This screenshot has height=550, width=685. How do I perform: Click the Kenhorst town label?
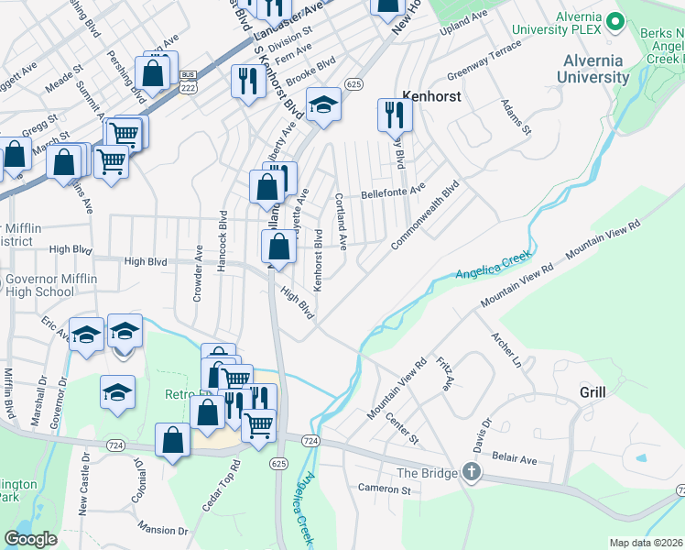coord(430,94)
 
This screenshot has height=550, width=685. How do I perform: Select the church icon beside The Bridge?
coord(471,473)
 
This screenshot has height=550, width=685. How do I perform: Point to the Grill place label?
coord(593,392)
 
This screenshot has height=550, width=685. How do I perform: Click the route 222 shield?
coord(189,88)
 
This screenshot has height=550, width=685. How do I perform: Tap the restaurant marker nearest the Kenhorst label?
coord(395,115)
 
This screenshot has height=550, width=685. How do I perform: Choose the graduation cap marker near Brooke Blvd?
coord(323,106)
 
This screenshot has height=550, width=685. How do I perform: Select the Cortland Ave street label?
coord(341,221)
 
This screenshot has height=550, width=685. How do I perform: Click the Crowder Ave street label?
coord(198,273)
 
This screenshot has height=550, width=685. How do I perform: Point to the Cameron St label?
coord(384,489)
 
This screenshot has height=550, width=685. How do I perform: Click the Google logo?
coord(30,539)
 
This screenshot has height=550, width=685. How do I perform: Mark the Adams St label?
coord(514,116)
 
